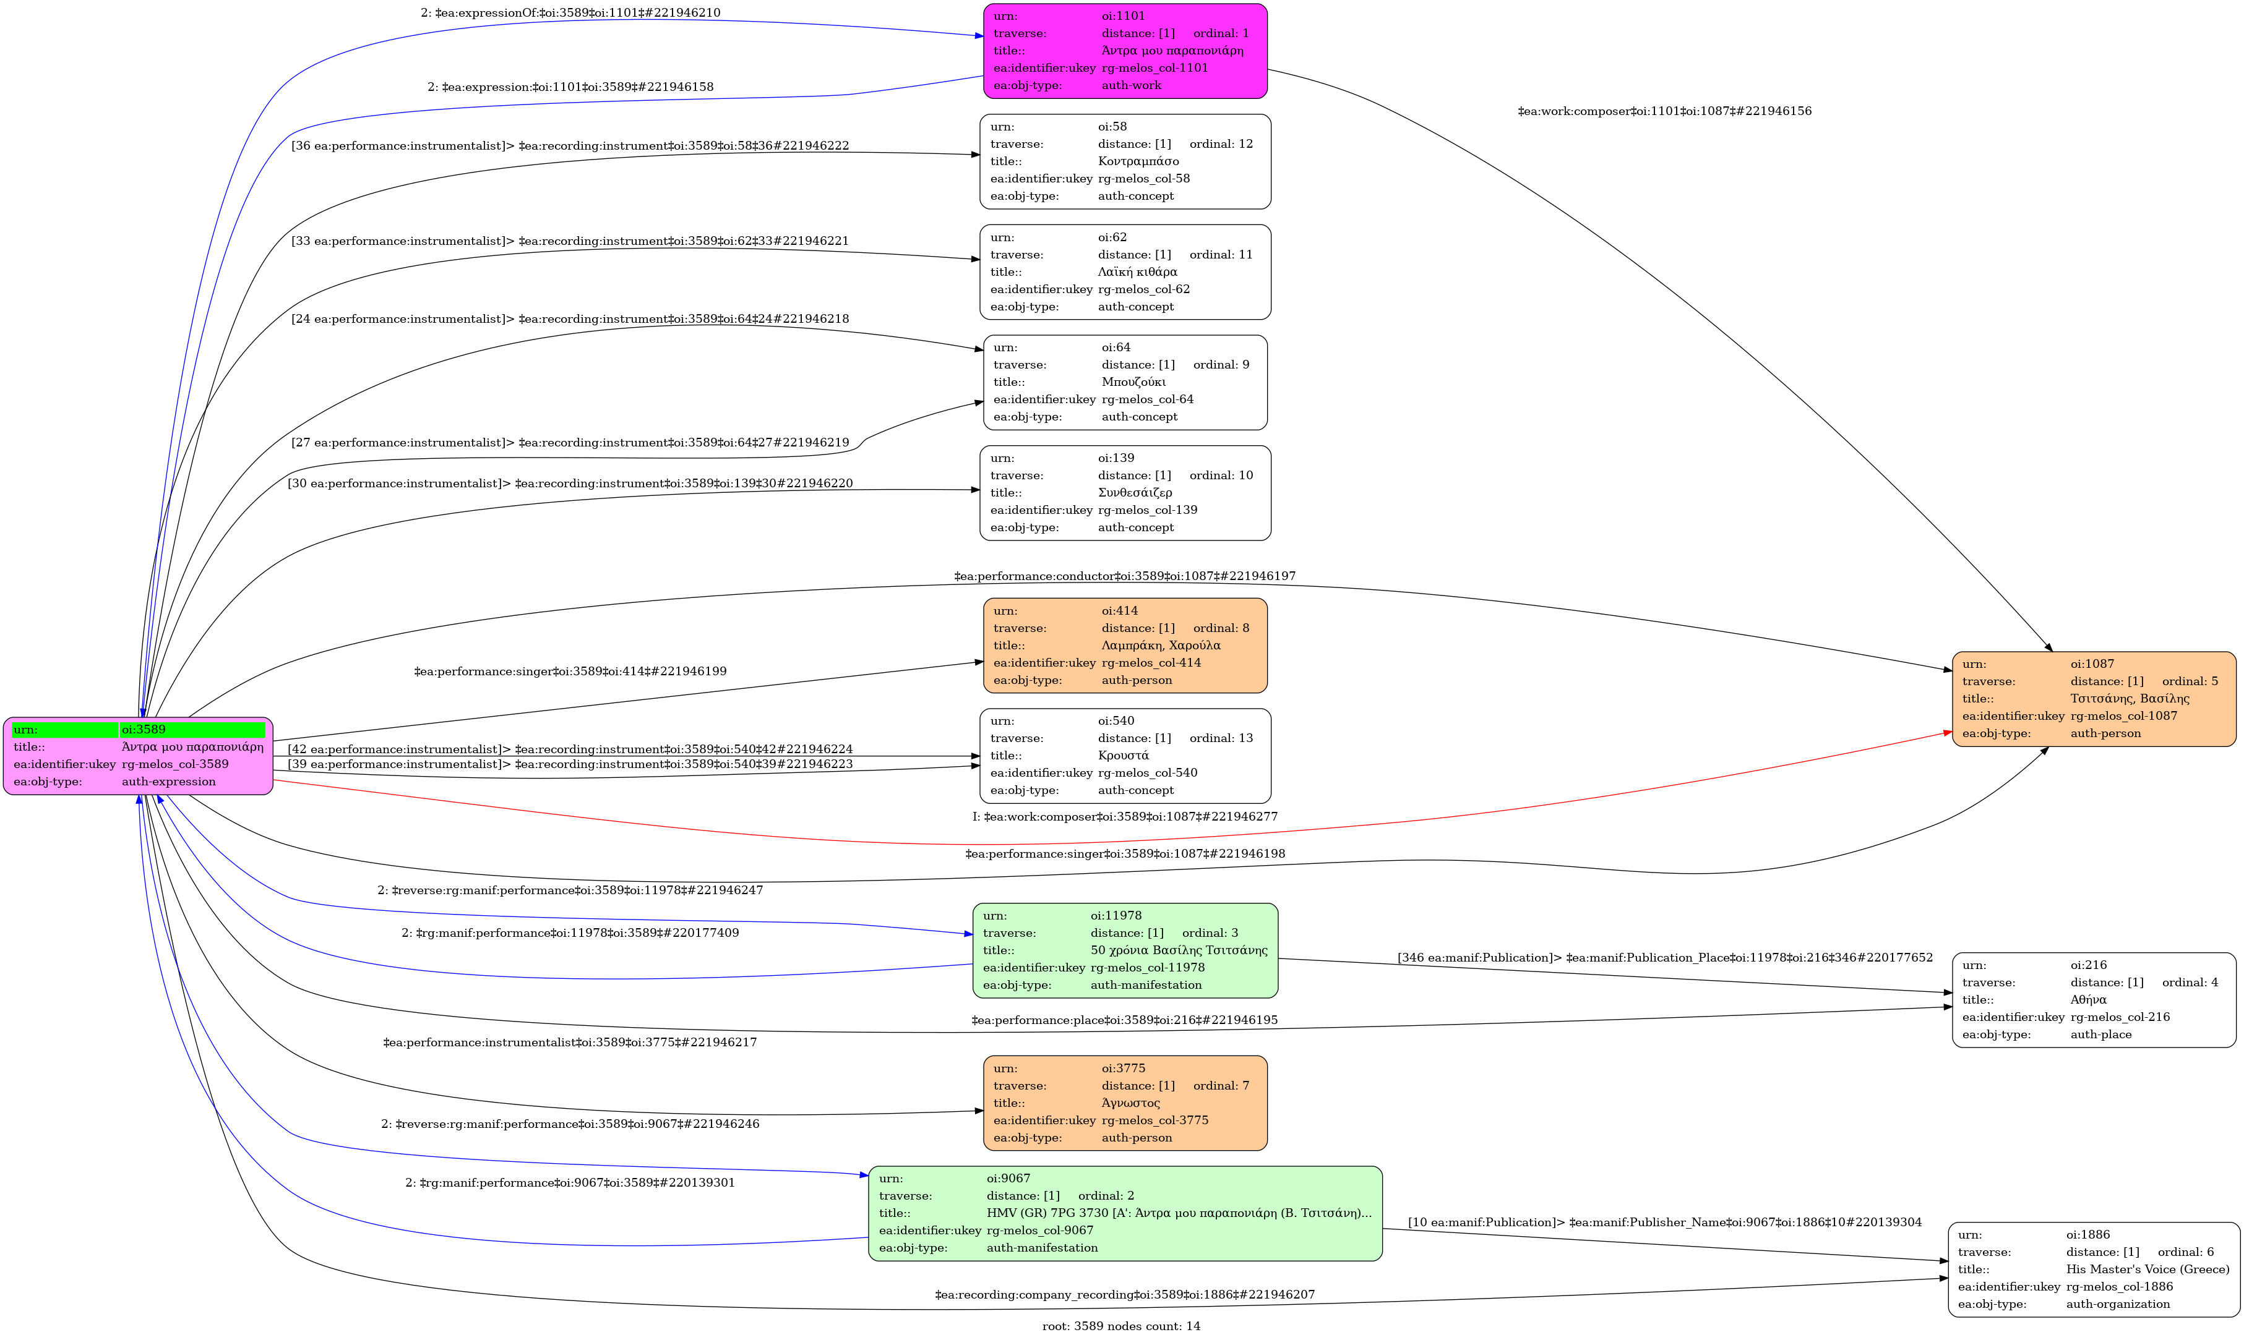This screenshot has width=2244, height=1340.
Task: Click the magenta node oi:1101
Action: point(1125,51)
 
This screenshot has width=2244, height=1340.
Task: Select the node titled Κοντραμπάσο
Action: point(1125,161)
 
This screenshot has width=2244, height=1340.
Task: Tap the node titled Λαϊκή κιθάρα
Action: point(1125,272)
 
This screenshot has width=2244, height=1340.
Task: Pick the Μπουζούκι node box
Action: point(1125,382)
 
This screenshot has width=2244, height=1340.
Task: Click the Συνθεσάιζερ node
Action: point(1125,493)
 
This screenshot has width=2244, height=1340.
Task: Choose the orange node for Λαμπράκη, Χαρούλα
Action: point(1125,646)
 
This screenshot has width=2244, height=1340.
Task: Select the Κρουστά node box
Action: point(1125,756)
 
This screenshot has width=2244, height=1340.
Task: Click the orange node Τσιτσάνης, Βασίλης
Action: point(2093,699)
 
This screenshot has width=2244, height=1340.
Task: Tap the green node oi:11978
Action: point(1125,950)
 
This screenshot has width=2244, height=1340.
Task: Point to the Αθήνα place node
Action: point(2093,999)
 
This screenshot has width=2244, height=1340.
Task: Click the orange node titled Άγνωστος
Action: point(1125,1103)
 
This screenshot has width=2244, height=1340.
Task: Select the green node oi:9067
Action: point(1125,1213)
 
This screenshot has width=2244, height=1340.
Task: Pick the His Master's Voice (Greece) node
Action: point(2093,1269)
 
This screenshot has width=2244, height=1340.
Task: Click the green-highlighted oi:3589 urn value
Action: point(192,730)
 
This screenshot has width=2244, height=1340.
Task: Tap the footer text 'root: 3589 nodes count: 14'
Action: point(1121,1326)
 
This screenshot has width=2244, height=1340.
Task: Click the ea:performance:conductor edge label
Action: point(1125,576)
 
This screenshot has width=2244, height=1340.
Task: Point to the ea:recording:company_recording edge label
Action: point(1125,1295)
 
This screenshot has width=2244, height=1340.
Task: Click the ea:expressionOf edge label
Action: point(570,12)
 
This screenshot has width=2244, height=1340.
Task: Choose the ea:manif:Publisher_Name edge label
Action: point(1664,1223)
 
